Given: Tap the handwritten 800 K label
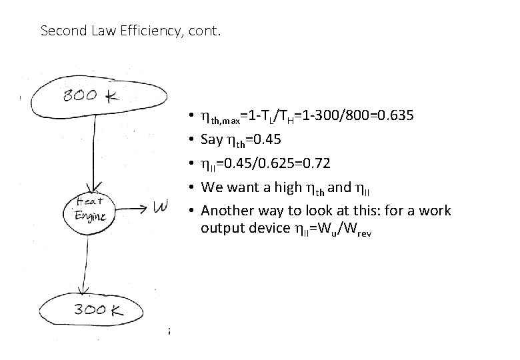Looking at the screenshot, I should click(x=90, y=96).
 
